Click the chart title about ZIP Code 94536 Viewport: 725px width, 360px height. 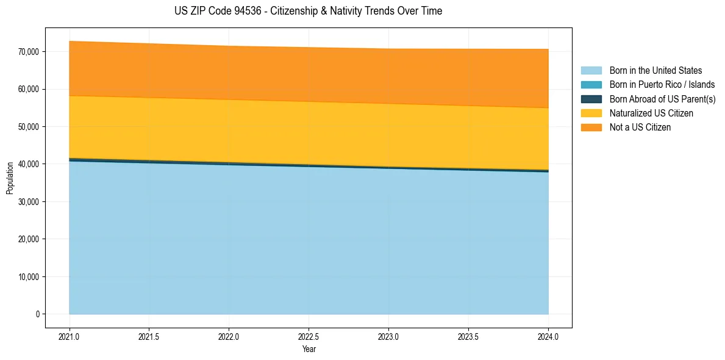(x=308, y=11)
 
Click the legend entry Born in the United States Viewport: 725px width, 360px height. (x=655, y=71)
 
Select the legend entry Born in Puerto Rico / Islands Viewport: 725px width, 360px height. (x=662, y=85)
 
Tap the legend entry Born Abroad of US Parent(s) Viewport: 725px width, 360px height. (x=662, y=99)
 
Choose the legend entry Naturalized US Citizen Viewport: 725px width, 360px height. (x=651, y=113)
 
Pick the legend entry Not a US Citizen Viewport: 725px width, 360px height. (x=640, y=128)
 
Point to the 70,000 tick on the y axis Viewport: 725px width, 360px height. (x=29, y=52)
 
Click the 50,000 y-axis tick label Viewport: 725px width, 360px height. (x=29, y=127)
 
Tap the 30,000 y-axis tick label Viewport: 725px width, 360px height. (x=29, y=202)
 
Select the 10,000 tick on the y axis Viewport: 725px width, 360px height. (x=29, y=277)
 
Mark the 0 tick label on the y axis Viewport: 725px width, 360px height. (x=37, y=314)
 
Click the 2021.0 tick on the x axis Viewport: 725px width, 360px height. (x=70, y=336)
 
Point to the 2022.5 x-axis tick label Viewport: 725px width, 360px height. (x=309, y=336)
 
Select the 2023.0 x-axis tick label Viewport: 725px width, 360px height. (x=388, y=336)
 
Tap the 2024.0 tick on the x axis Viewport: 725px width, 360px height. (x=548, y=336)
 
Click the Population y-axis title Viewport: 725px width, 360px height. (x=10, y=178)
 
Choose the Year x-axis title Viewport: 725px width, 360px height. (x=309, y=349)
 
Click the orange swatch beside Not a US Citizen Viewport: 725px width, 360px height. (x=591, y=128)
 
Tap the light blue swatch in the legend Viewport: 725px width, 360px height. (x=591, y=71)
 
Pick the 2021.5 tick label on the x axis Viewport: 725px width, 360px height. (x=149, y=336)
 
